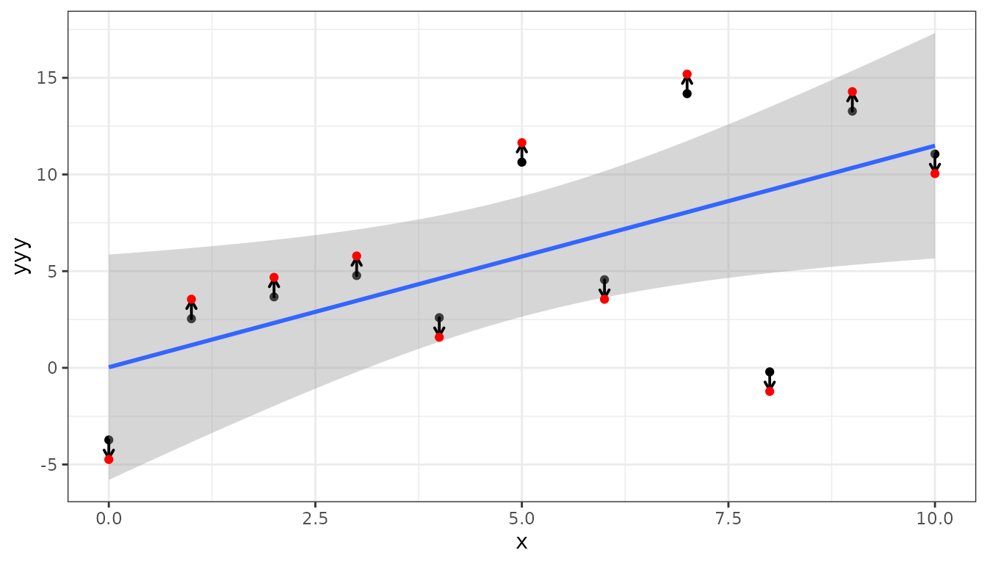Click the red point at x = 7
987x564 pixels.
click(687, 74)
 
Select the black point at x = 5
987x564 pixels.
click(521, 162)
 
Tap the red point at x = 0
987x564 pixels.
click(109, 459)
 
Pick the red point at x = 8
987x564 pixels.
click(770, 391)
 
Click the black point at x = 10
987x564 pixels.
click(935, 153)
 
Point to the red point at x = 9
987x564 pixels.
click(852, 92)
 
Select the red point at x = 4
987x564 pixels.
click(439, 337)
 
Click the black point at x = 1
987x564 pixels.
click(191, 319)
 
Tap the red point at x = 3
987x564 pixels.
click(356, 256)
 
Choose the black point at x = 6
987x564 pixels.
click(604, 280)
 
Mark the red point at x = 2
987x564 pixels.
click(274, 277)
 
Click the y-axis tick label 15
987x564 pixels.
click(47, 78)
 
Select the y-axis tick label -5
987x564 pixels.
click(49, 464)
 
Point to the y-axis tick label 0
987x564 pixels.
click(53, 368)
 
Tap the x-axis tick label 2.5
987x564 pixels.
click(315, 518)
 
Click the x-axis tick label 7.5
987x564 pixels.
click(728, 518)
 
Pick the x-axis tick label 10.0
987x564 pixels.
click(935, 518)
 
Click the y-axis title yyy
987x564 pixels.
click(22, 256)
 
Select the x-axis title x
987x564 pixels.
click(521, 543)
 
